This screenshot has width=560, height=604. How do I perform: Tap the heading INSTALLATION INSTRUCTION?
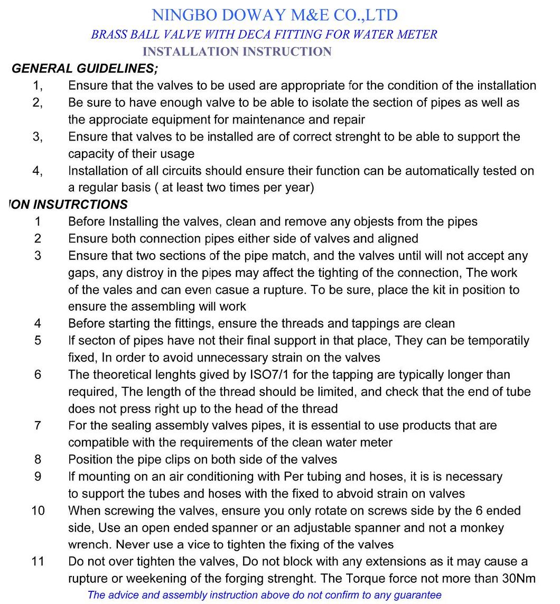[237, 52]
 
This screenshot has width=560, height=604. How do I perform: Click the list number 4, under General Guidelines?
[38, 171]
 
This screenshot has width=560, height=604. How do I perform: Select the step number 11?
[38, 561]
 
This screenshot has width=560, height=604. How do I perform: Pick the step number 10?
[38, 510]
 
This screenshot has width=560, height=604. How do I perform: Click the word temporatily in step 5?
[497, 340]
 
